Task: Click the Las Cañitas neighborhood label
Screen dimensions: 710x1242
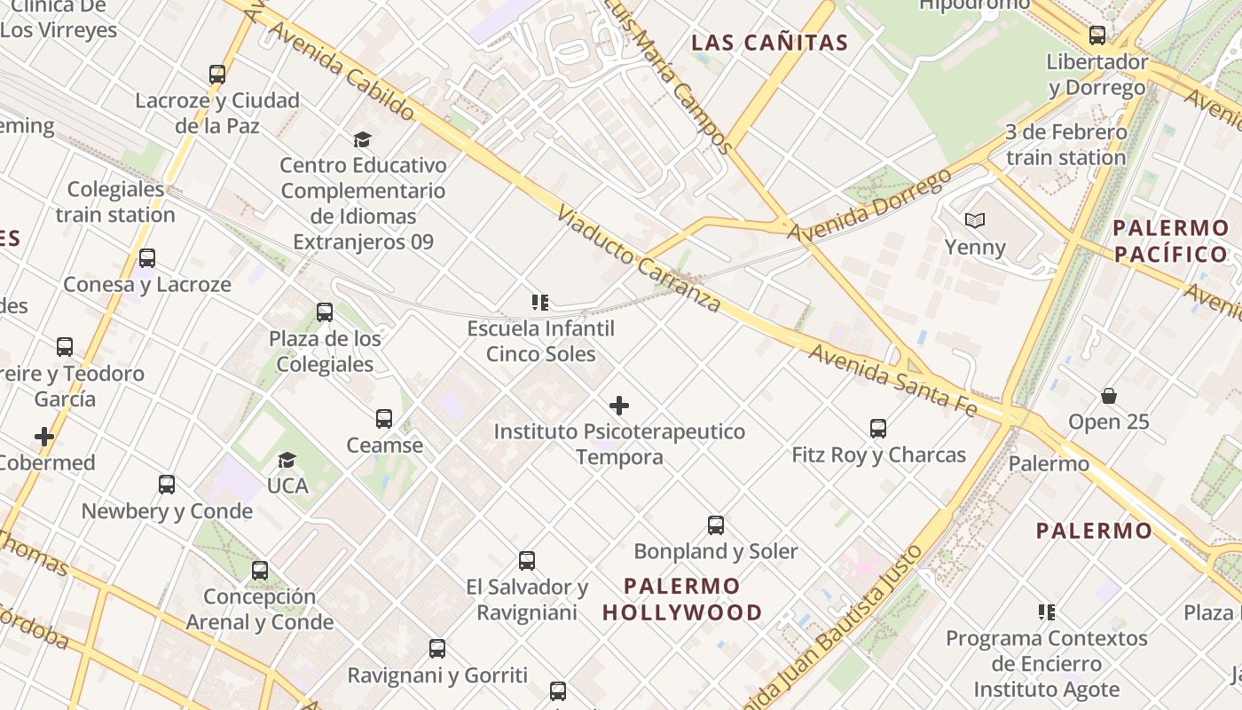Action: pyautogui.click(x=769, y=43)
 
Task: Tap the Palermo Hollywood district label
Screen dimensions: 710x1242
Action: pyautogui.click(x=682, y=599)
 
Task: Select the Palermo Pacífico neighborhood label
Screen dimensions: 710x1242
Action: pyautogui.click(x=1170, y=241)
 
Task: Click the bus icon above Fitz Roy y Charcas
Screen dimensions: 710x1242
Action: pyautogui.click(x=878, y=429)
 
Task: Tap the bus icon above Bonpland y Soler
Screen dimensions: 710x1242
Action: pyautogui.click(x=716, y=525)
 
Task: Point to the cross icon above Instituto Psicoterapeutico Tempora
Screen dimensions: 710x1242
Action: pyautogui.click(x=619, y=406)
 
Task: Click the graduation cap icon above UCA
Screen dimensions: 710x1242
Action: pyautogui.click(x=287, y=460)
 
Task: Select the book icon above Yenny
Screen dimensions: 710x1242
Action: pyautogui.click(x=974, y=220)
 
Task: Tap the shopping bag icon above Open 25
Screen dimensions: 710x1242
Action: pyautogui.click(x=1108, y=396)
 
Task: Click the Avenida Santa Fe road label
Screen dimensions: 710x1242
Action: pyautogui.click(x=892, y=380)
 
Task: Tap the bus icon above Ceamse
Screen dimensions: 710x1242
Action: pyautogui.click(x=384, y=419)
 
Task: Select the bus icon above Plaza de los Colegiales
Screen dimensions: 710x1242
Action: pyautogui.click(x=325, y=312)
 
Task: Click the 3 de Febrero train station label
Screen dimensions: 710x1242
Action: pyautogui.click(x=1065, y=145)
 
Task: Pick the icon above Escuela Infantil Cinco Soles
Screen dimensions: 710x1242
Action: pyautogui.click(x=540, y=303)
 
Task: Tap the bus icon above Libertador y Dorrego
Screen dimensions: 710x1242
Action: pyautogui.click(x=1097, y=35)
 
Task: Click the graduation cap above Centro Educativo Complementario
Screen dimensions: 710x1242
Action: pyautogui.click(x=362, y=139)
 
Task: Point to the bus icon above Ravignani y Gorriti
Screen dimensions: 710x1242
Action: pyautogui.click(x=437, y=649)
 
